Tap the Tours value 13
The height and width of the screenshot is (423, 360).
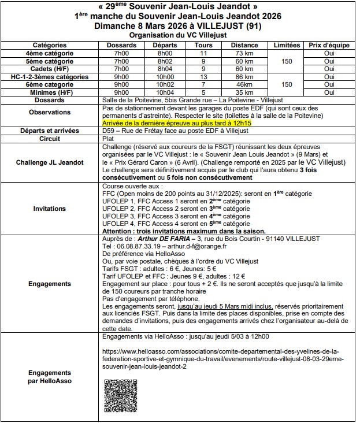pyautogui.click(x=203, y=77)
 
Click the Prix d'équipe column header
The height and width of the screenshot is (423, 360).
pyautogui.click(x=329, y=45)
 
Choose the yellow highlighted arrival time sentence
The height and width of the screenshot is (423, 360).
pyautogui.click(x=177, y=124)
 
